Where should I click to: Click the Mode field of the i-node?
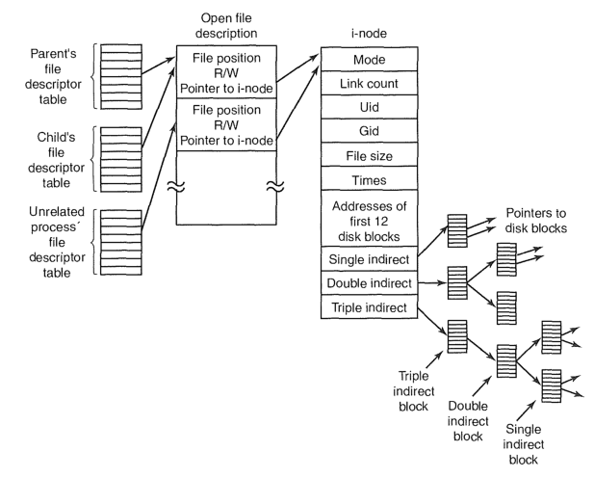pos(370,59)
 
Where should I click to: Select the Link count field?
pos(370,83)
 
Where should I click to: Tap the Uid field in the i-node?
pos(370,107)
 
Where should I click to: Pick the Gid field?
pos(370,131)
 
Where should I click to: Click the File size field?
pos(370,155)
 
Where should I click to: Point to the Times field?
pos(370,178)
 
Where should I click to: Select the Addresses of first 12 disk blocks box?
pos(370,219)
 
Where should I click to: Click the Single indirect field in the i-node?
pos(370,258)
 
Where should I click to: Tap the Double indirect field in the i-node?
pos(370,283)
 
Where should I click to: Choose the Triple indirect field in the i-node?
pos(370,306)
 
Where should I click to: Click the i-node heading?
pos(369,34)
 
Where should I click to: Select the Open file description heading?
pos(226,25)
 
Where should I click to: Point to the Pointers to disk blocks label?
pos(536,221)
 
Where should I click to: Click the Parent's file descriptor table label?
pos(53,76)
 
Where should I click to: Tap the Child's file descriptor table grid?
pos(121,159)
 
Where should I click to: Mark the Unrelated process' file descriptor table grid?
pos(121,243)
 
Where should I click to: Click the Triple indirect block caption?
pos(413,390)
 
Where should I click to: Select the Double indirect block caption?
pos(468,421)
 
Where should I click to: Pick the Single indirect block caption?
pos(523,444)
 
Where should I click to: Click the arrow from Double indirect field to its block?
pos(432,282)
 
